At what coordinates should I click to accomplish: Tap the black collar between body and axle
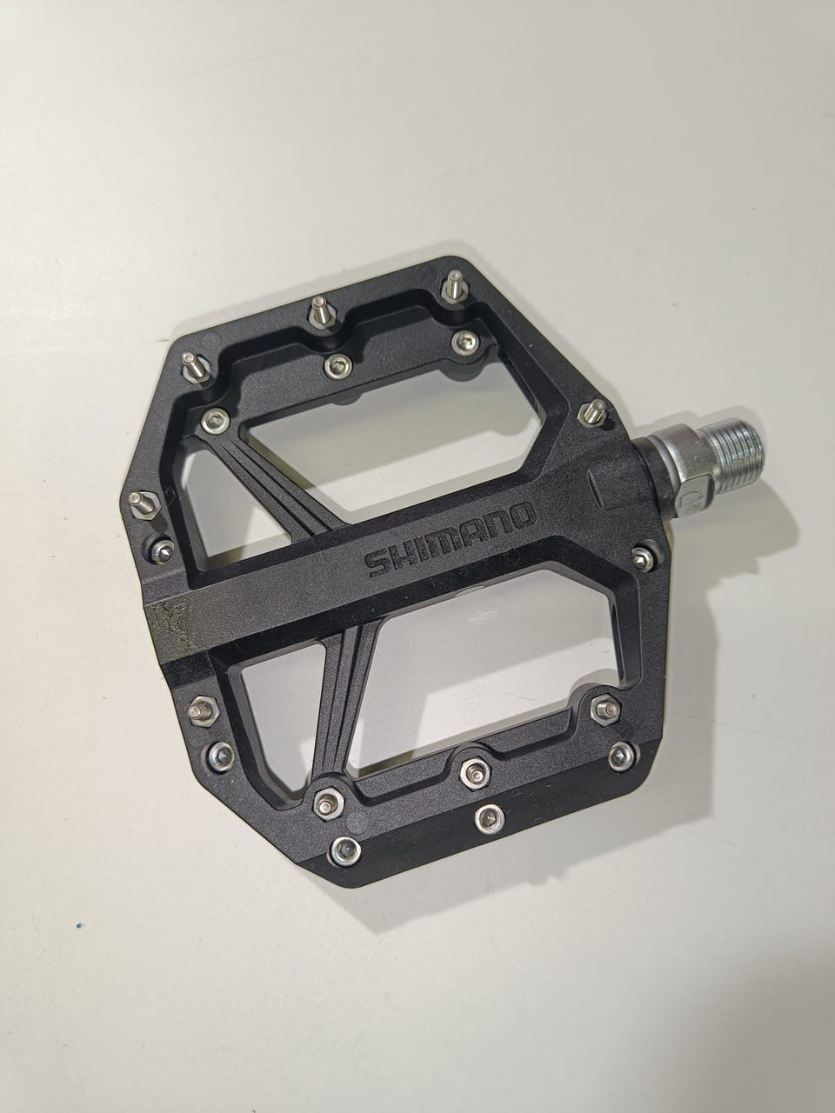pos(651,476)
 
